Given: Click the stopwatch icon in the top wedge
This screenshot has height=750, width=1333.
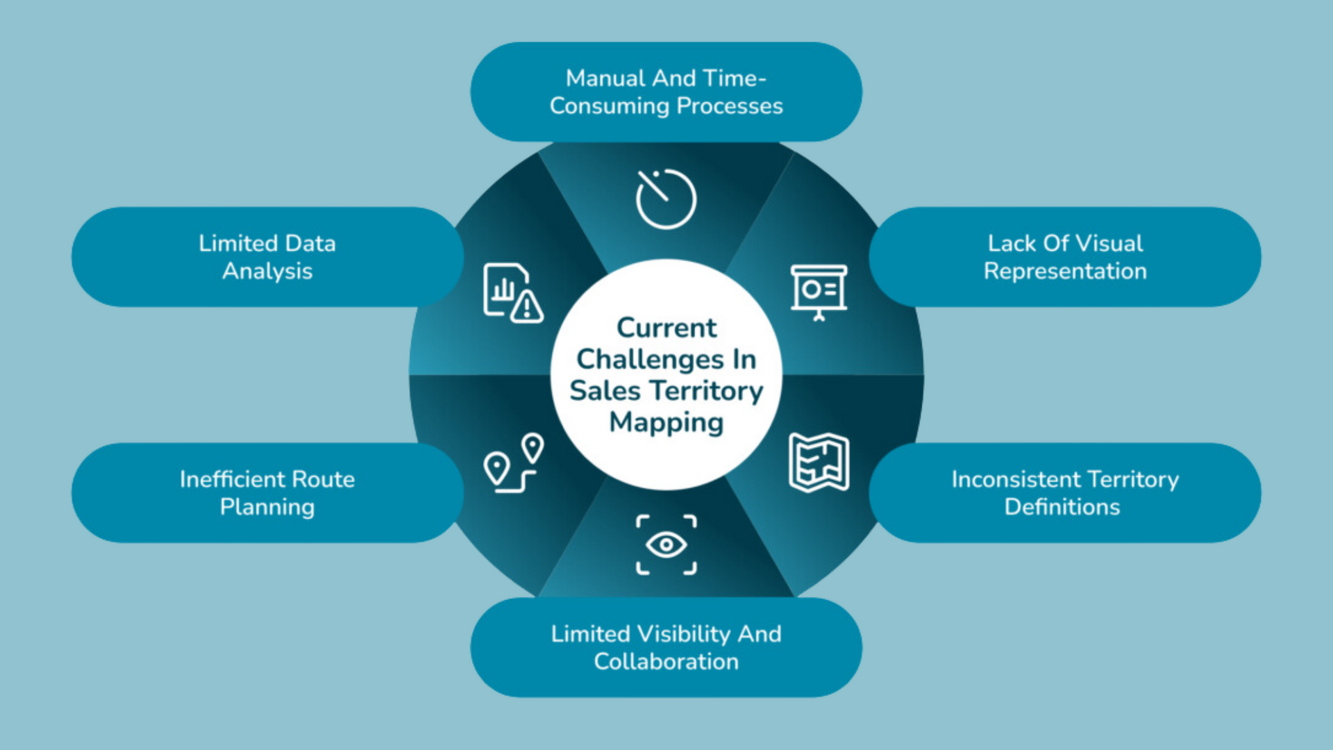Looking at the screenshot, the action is point(666,199).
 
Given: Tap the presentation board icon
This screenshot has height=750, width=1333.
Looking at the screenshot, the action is point(819,292).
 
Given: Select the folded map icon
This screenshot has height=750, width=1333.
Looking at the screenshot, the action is point(819,462).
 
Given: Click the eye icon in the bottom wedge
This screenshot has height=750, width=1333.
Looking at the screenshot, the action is point(666,545).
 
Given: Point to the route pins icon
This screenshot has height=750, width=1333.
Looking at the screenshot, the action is point(514,463).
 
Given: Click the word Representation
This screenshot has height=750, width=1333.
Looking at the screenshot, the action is point(1065,272).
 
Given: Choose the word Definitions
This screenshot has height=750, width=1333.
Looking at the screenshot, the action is point(1062,507).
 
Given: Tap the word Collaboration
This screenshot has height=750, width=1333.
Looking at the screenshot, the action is point(666,662).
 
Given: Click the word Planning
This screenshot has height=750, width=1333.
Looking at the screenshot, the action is point(267,508).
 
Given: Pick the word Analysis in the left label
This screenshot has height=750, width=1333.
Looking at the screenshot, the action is point(267,272).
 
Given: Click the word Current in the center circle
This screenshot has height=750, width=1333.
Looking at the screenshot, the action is point(666,328).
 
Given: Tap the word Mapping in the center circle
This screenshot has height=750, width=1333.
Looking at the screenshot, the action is point(666,423).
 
